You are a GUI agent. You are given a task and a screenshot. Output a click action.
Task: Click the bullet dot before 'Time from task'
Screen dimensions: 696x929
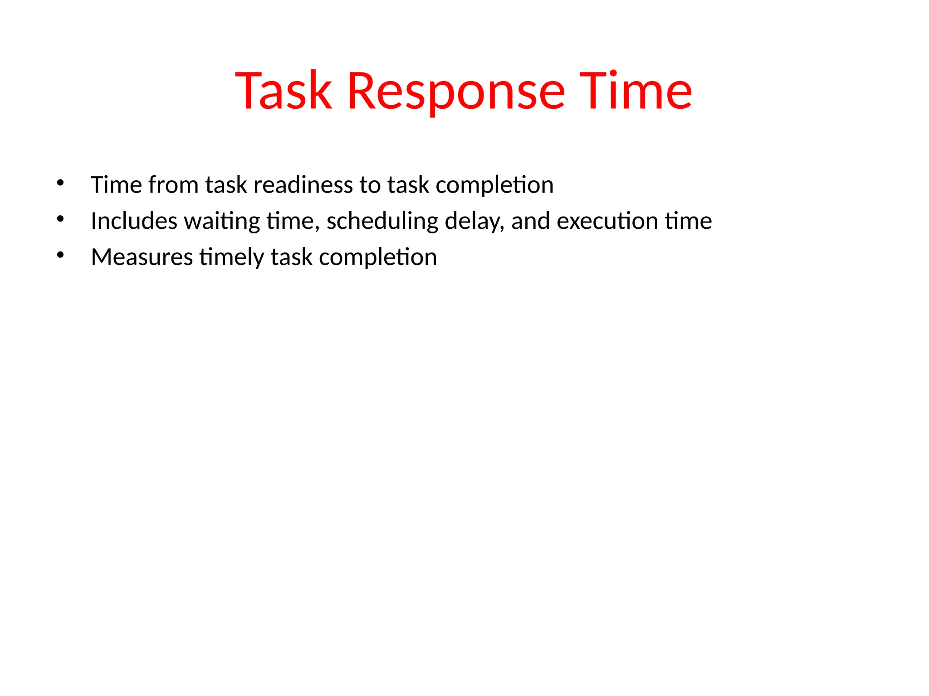click(x=60, y=183)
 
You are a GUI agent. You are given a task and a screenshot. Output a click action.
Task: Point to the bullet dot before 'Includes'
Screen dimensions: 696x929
click(x=60, y=219)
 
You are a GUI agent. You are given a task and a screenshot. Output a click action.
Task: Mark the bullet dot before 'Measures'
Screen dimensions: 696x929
click(x=60, y=255)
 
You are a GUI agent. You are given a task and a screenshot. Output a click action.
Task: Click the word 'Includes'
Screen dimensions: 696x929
click(x=134, y=221)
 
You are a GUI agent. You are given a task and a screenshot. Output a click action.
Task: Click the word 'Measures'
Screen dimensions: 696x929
click(x=142, y=257)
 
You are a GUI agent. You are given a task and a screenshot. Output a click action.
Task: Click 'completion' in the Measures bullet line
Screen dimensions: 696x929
click(x=378, y=258)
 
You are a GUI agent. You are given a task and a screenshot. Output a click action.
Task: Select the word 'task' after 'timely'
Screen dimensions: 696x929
click(x=291, y=257)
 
